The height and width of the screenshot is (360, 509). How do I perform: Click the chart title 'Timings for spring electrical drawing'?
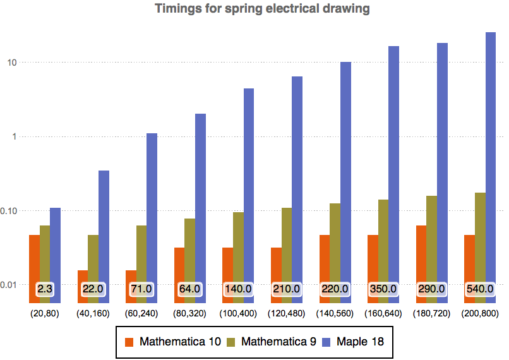pos(262,9)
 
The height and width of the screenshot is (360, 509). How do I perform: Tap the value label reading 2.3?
pos(44,289)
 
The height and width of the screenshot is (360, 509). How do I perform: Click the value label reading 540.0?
pos(480,289)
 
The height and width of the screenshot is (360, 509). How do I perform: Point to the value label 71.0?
pos(141,289)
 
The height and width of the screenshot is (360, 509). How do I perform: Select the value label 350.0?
pos(383,289)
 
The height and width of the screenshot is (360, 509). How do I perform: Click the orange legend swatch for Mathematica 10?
pos(129,342)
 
